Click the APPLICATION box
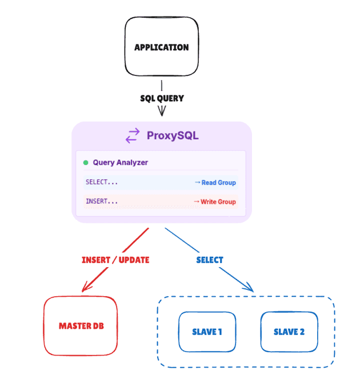(162, 47)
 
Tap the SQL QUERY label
(162, 98)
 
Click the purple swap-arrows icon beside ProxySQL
(133, 135)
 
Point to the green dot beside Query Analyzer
(86, 163)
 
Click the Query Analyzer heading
(120, 163)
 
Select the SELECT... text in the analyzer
(102, 182)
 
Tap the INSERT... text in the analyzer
(102, 201)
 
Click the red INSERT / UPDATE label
(115, 260)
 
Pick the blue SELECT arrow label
(210, 260)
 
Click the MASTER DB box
(81, 326)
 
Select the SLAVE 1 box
(207, 332)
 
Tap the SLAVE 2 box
(289, 332)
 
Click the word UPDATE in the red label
(132, 260)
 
